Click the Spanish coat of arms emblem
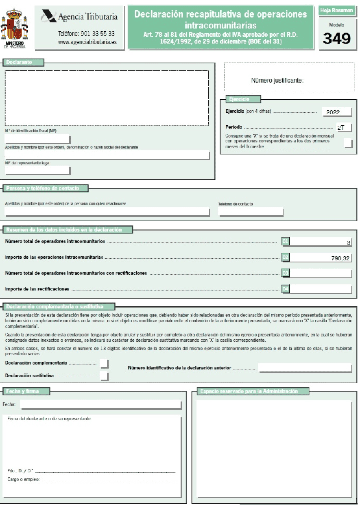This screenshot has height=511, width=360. [14, 25]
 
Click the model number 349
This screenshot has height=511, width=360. [337, 38]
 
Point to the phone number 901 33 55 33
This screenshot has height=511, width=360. [86, 34]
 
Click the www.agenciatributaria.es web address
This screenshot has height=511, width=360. [87, 42]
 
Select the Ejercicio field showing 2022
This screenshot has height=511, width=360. [337, 112]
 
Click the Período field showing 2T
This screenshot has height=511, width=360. [344, 128]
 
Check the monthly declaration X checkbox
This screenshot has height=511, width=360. [348, 143]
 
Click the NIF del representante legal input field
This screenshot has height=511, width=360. [38, 170]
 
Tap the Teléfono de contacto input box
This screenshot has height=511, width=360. [250, 212]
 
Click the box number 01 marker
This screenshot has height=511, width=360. [285, 241]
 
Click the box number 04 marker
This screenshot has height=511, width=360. [285, 289]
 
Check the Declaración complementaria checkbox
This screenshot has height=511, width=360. [104, 363]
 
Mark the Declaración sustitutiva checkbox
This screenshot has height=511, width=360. [104, 376]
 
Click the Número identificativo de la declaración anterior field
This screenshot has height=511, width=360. [305, 368]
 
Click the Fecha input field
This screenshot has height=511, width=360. [100, 404]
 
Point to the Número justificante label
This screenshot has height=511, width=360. [277, 80]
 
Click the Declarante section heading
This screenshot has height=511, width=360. [23, 62]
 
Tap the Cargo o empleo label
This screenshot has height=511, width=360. [23, 479]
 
